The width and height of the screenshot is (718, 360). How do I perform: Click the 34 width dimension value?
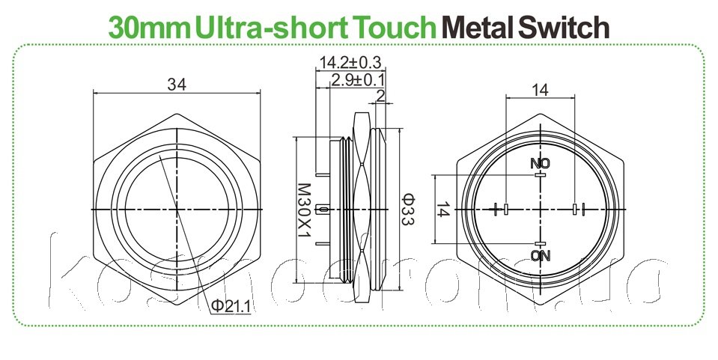pyautogui.click(x=177, y=85)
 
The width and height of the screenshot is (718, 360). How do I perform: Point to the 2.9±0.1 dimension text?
pyautogui.click(x=359, y=79)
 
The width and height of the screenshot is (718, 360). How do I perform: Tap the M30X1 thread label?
pyautogui.click(x=303, y=211)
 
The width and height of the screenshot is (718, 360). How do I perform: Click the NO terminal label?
pyautogui.click(x=539, y=164)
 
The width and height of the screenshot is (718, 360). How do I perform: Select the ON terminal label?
pyautogui.click(x=539, y=256)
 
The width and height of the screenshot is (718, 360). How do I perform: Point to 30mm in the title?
pyautogui.click(x=149, y=28)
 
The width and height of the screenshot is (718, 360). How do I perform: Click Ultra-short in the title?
pyautogui.click(x=273, y=28)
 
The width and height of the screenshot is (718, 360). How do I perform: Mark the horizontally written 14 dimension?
pyautogui.click(x=539, y=90)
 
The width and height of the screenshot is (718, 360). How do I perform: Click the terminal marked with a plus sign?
pyautogui.click(x=499, y=209)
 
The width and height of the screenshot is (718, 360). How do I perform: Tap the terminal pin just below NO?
pyautogui.click(x=539, y=175)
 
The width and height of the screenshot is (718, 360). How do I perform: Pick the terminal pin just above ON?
pyautogui.click(x=539, y=244)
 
